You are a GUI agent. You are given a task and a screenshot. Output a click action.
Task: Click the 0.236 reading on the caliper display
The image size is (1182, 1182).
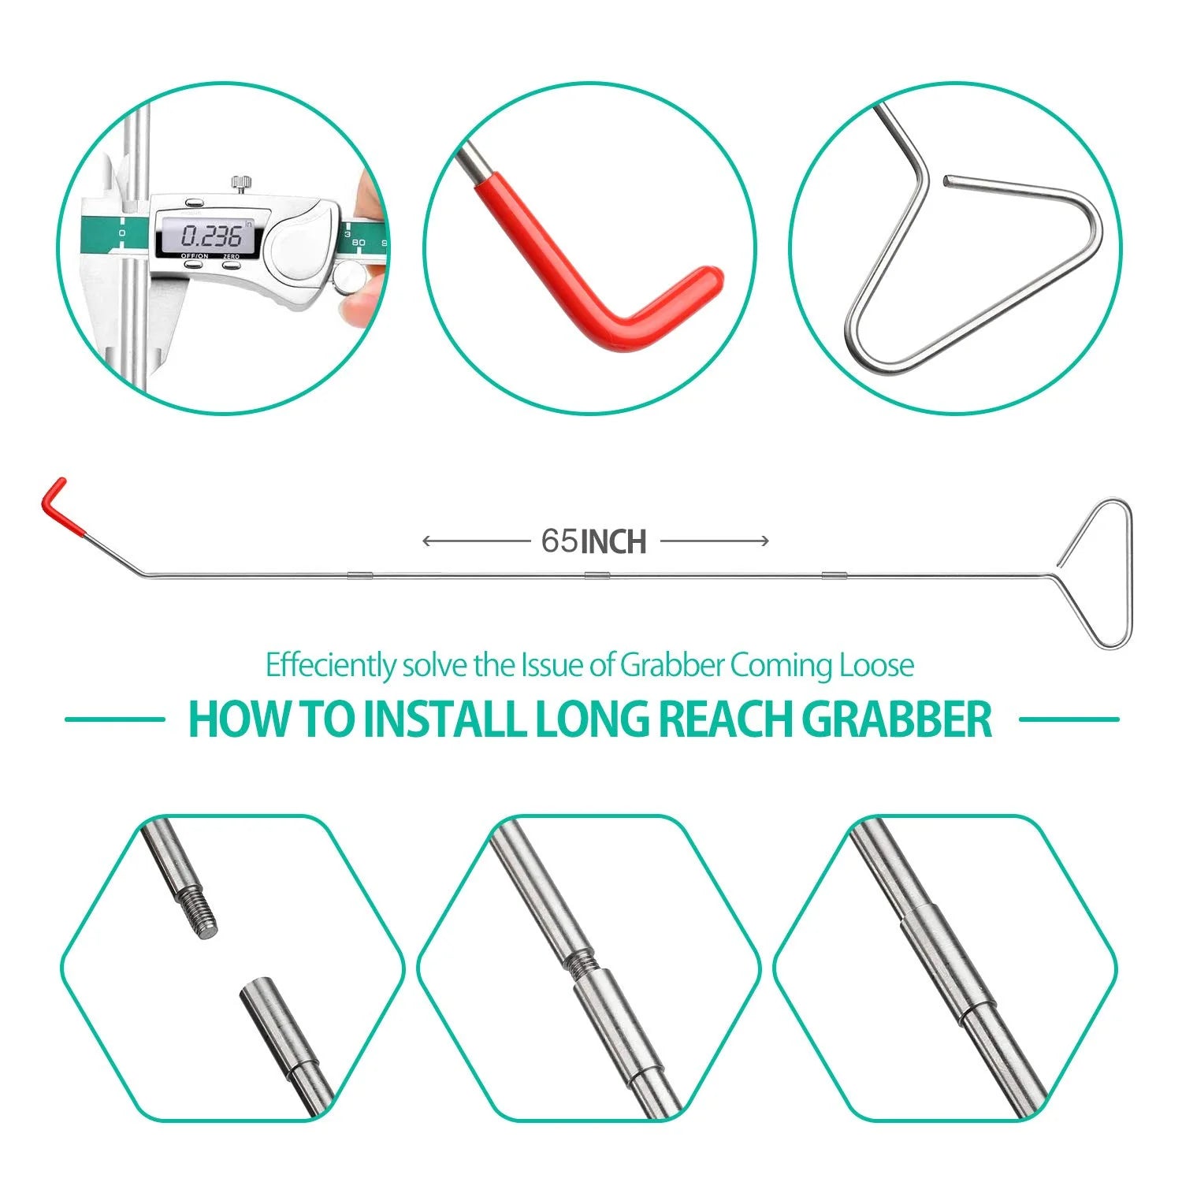[210, 235]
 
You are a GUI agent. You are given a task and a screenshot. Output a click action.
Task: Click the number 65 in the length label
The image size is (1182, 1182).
[559, 541]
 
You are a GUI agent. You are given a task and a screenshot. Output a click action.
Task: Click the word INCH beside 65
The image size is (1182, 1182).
[613, 541]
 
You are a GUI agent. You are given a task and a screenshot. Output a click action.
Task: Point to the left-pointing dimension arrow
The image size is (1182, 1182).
[477, 541]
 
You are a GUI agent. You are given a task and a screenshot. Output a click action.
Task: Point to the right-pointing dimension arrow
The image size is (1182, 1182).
[715, 541]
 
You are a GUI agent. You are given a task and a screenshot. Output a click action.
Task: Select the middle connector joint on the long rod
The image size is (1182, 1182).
[597, 574]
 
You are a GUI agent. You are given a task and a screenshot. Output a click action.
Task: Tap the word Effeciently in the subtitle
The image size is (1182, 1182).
[331, 665]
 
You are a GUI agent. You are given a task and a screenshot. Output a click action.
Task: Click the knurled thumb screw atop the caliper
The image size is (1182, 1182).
[242, 184]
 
